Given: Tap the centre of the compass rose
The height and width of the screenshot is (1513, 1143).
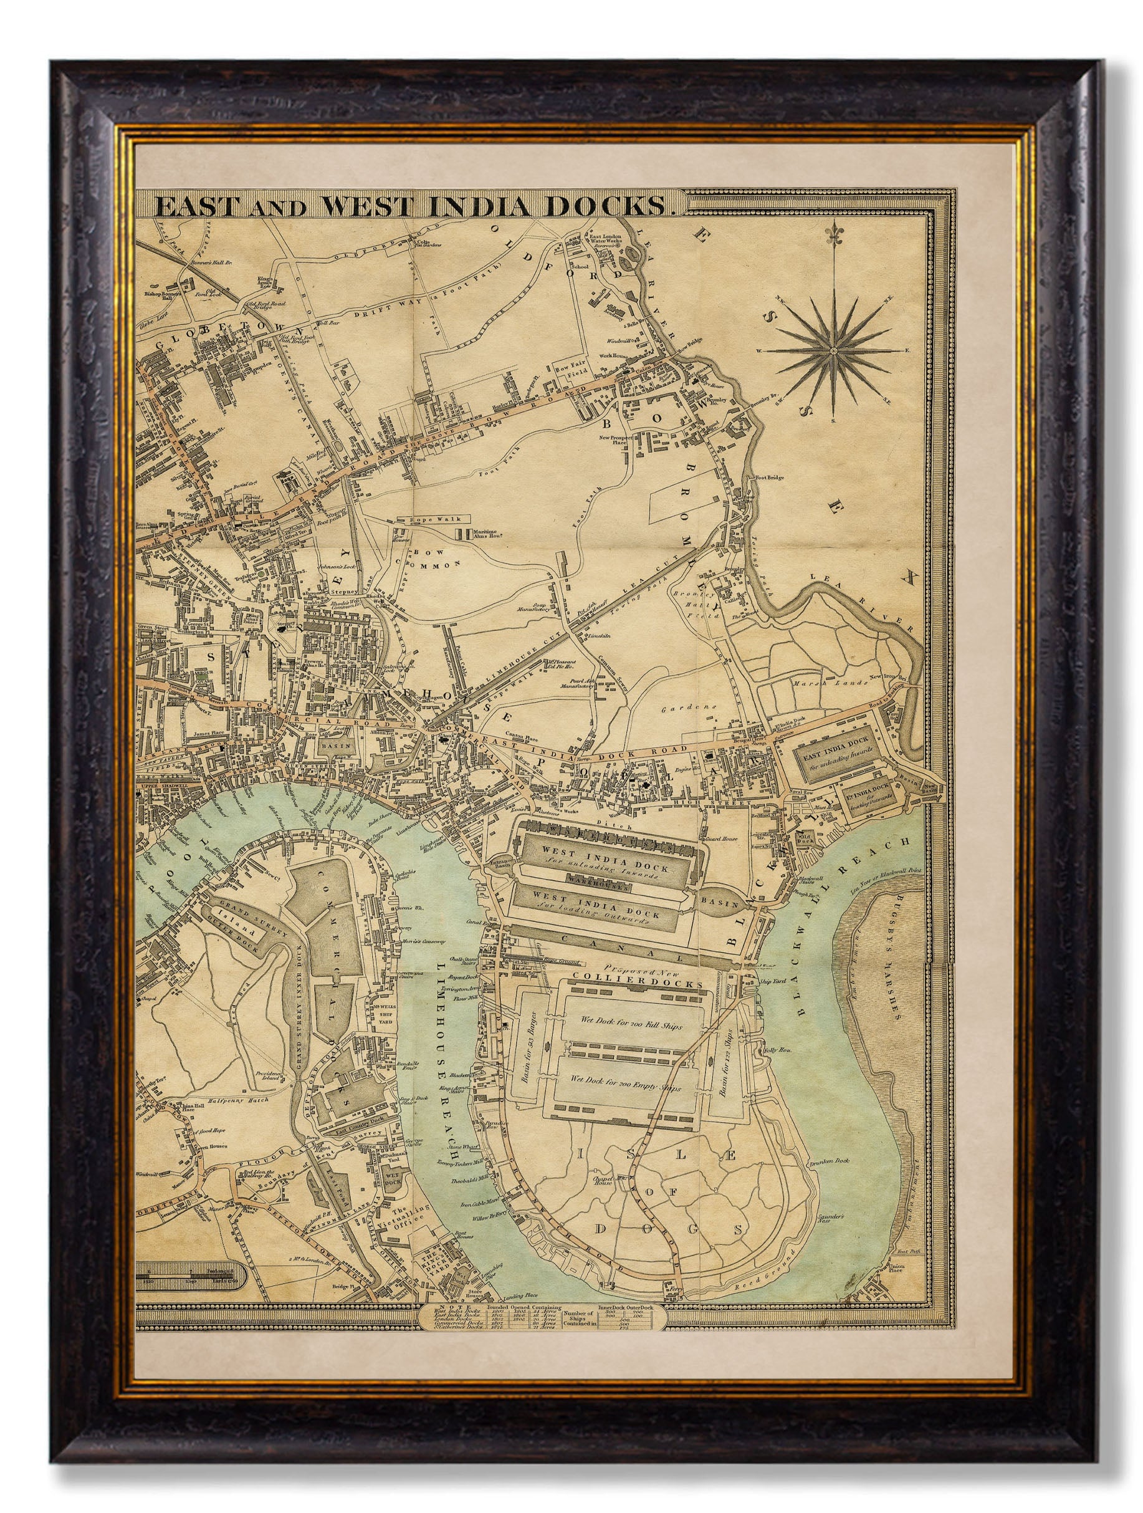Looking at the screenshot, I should tap(832, 350).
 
